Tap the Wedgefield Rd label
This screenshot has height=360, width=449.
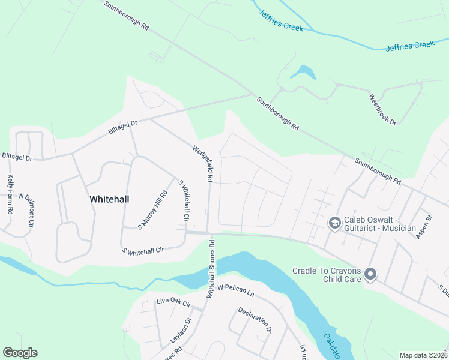point(202,163)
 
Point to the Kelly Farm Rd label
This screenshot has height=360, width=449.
point(11,196)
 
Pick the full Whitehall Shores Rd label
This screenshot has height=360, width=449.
point(211,269)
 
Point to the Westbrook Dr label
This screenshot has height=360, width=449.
point(382,110)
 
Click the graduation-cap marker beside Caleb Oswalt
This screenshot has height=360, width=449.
point(334,224)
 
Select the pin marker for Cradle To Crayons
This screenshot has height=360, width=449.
point(370,275)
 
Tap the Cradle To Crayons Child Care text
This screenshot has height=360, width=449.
point(327,275)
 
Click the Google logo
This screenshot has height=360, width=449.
point(20,353)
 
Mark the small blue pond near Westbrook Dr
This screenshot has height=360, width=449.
point(304,73)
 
